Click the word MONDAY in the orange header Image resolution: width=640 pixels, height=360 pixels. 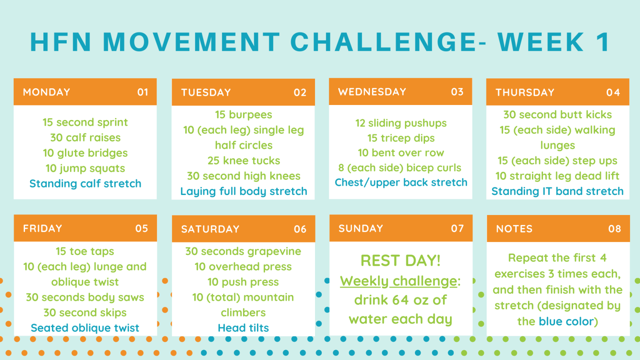click(x=47, y=92)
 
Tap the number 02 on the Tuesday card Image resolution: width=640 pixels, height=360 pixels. click(x=300, y=92)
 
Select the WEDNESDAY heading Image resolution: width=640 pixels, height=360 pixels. click(x=372, y=92)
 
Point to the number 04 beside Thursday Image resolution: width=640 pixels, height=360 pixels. click(x=613, y=92)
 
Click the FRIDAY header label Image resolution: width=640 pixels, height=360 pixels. click(x=42, y=228)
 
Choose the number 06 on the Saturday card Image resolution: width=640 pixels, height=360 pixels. click(x=300, y=229)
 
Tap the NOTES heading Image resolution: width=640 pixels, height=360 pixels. click(x=514, y=229)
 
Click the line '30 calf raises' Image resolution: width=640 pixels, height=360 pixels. click(x=85, y=138)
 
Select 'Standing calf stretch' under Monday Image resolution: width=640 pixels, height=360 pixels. click(x=85, y=183)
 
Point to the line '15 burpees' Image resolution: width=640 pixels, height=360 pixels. click(x=243, y=115)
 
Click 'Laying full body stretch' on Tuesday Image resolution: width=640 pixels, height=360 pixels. click(x=244, y=191)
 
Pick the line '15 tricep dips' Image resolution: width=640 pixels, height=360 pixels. click(x=401, y=138)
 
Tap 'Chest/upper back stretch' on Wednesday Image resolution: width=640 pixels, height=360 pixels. click(x=401, y=182)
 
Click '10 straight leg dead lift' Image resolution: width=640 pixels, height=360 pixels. click(x=557, y=176)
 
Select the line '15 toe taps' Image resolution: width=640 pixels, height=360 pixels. click(x=85, y=251)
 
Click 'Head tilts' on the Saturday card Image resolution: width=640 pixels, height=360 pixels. click(x=243, y=328)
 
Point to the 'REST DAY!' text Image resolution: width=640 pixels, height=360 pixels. click(x=400, y=260)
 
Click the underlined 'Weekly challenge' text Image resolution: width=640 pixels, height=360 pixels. click(x=399, y=281)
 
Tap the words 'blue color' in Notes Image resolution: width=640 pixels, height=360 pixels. click(x=566, y=321)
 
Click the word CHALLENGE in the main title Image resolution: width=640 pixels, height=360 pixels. click(x=383, y=42)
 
